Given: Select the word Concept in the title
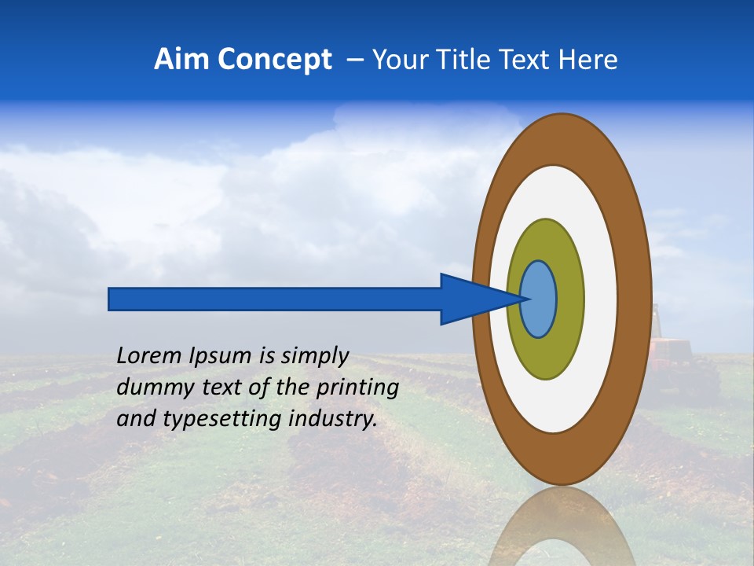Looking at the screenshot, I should click(273, 60).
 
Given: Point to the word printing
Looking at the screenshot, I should click(357, 388).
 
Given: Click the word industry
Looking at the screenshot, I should click(334, 418).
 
